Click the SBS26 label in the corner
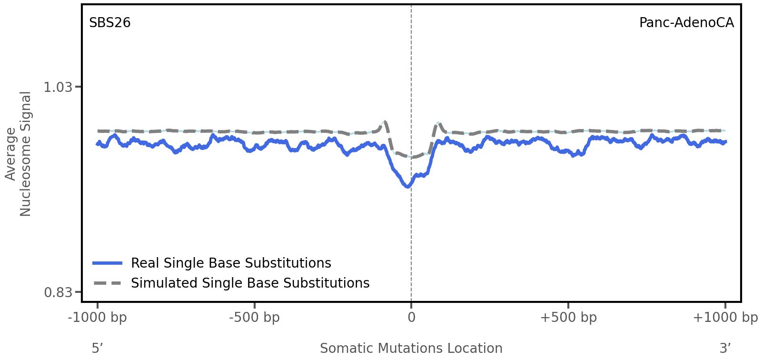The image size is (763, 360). (109, 23)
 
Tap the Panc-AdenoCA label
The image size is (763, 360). (686, 23)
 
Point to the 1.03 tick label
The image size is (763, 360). (58, 87)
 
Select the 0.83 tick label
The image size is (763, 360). (58, 292)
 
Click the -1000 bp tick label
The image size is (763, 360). (98, 318)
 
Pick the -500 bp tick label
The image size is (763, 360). (254, 318)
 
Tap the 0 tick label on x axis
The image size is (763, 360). (411, 318)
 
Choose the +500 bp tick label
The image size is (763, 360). (568, 318)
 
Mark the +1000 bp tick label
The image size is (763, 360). (725, 318)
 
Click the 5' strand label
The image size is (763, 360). (97, 348)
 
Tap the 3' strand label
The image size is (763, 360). (725, 348)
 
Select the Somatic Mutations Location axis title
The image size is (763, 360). (411, 348)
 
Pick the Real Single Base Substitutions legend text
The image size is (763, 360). (231, 263)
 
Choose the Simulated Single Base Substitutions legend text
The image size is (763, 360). (250, 283)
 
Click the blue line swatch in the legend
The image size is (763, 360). (108, 263)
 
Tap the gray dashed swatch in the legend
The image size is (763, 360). (108, 283)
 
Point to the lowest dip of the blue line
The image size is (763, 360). (407, 186)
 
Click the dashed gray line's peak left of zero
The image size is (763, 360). (385, 122)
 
